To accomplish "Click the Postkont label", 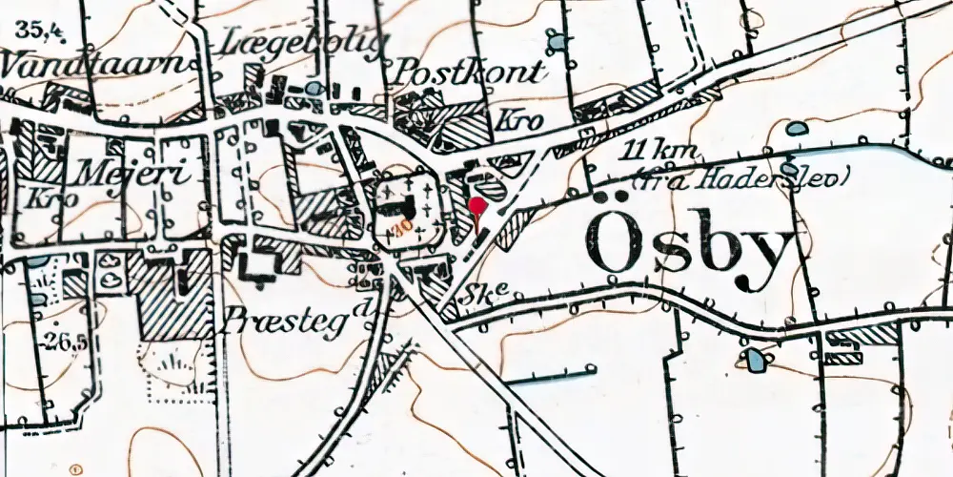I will coord(471,73).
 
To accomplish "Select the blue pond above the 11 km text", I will coord(797,127).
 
